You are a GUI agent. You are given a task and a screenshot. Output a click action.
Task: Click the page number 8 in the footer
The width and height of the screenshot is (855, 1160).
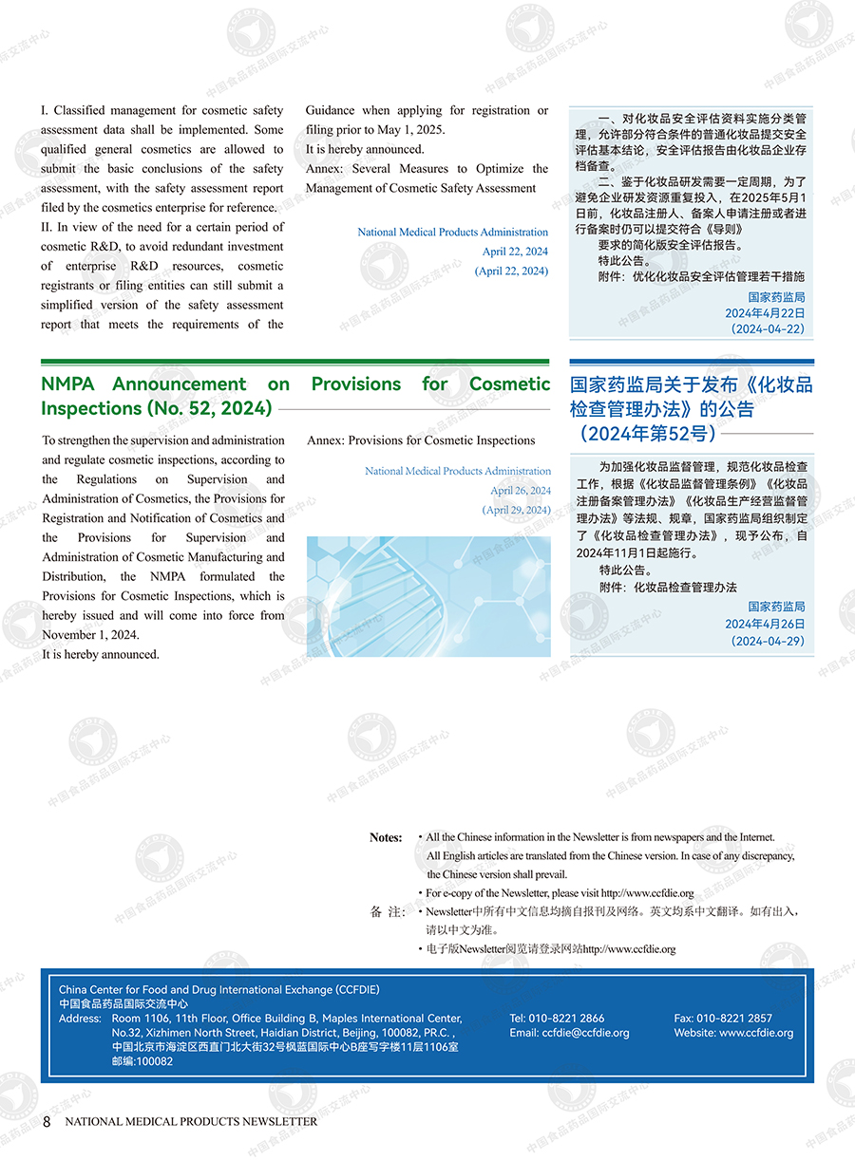[47, 1121]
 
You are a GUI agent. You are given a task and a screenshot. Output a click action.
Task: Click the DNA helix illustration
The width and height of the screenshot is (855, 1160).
[428, 596]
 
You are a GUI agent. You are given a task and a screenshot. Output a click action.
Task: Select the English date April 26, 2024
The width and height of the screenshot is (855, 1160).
[520, 491]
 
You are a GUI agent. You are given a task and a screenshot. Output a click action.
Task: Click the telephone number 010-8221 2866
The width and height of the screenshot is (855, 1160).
[572, 1018]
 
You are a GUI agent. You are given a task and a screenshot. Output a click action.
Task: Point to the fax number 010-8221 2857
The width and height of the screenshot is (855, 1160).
[734, 1018]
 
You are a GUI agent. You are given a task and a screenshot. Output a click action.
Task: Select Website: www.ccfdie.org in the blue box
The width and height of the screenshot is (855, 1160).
[733, 1033]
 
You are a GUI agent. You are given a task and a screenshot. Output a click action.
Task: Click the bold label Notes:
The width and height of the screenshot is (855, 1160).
[386, 837]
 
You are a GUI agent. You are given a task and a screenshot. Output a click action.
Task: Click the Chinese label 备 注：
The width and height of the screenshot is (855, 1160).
[388, 912]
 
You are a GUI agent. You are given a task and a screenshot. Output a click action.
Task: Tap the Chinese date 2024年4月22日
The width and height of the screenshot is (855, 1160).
[765, 312]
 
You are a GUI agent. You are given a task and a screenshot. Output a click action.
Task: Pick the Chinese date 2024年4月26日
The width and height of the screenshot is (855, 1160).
[765, 624]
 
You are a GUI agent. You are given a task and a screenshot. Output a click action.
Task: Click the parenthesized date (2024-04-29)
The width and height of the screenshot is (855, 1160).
[768, 642]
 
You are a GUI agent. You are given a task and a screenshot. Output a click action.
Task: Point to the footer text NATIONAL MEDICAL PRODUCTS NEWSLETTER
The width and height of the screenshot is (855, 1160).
[191, 1121]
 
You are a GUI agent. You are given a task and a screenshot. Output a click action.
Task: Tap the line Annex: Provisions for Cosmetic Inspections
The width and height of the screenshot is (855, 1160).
[421, 440]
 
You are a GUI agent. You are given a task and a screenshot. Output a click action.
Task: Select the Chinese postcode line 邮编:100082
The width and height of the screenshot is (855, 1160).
[142, 1061]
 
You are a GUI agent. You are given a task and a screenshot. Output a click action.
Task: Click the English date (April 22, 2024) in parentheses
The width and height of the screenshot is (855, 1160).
[511, 271]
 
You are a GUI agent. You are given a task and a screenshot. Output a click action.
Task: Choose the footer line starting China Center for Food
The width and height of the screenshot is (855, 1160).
[218, 989]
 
